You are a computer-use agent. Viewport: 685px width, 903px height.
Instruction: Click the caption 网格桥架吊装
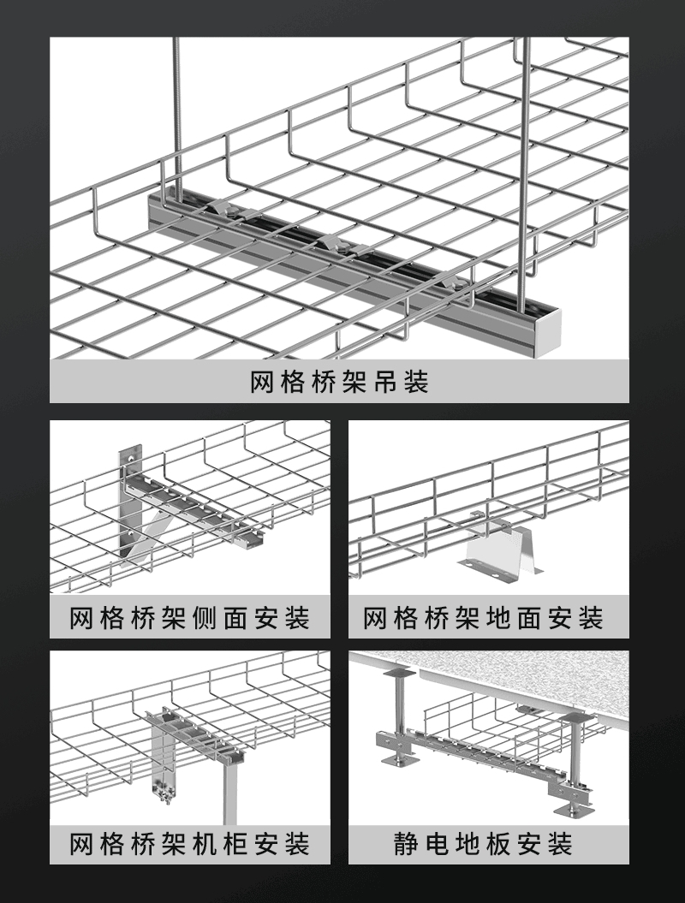[x=339, y=382]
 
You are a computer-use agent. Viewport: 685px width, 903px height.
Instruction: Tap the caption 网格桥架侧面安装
[x=189, y=617]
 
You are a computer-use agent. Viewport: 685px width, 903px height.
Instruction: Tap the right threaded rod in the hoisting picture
[x=524, y=154]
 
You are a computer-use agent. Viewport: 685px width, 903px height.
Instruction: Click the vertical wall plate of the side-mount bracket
[x=130, y=496]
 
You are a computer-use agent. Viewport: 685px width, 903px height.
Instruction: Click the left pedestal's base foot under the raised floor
[x=397, y=759]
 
